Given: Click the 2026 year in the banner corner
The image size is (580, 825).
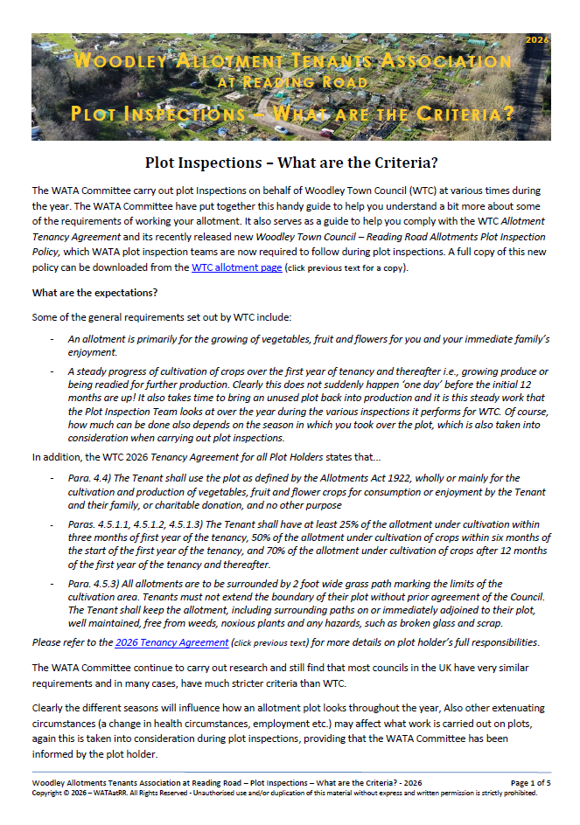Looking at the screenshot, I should pos(536,40).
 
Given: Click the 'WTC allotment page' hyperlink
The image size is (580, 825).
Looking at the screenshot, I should pos(236,267).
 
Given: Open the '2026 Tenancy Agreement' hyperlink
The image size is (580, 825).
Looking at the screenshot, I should pos(171,643).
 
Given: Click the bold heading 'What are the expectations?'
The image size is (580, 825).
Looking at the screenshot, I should pos(94,293).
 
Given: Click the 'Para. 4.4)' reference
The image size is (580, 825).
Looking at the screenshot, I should pos(87,479).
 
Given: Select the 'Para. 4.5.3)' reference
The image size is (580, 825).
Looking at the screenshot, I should pos(94,584).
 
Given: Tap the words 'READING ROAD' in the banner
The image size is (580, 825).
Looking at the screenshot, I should pos(289,83).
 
